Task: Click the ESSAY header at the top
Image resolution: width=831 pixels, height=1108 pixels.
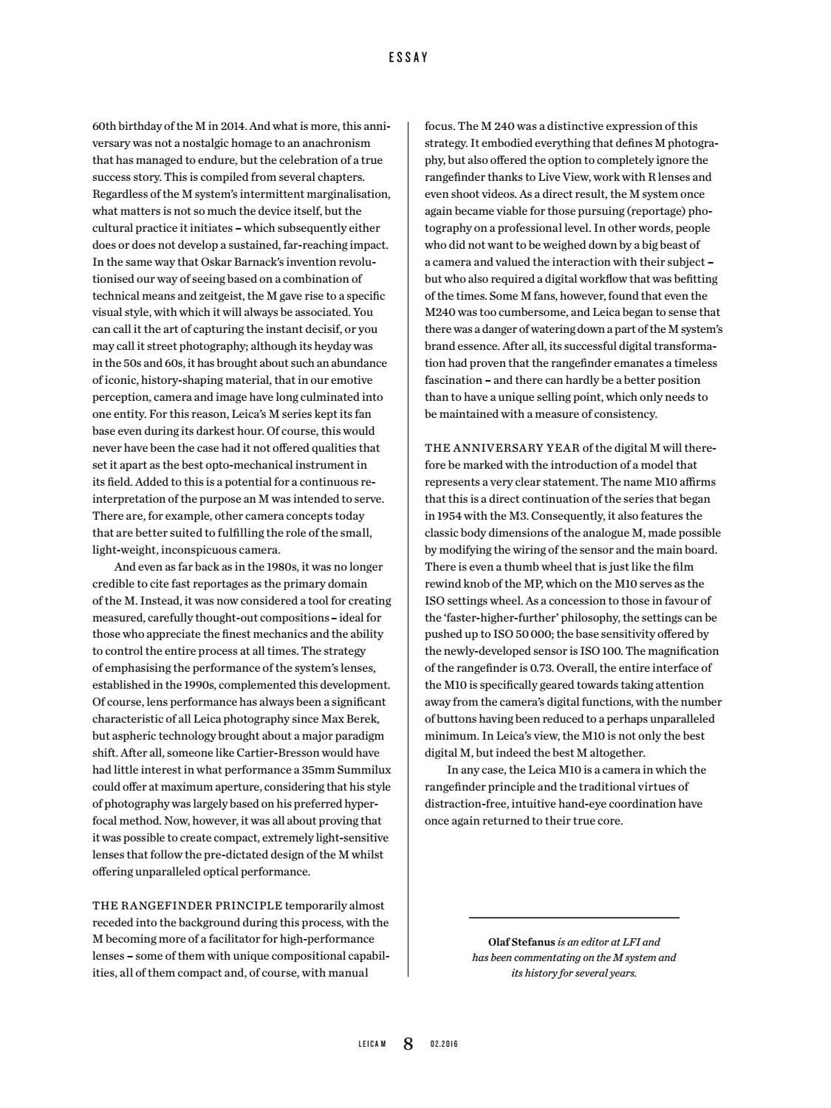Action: tap(408, 57)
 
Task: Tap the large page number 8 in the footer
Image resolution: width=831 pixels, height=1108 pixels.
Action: tap(408, 1043)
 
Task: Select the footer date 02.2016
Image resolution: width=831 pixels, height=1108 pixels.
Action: tap(444, 1044)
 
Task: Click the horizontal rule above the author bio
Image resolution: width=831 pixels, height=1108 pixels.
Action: tap(574, 918)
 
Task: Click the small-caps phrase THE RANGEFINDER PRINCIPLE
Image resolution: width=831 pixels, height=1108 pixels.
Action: tap(187, 905)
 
